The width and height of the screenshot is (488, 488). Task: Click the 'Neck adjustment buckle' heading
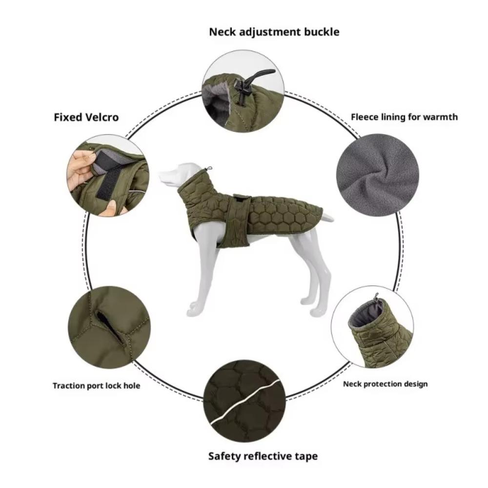pyautogui.click(x=274, y=32)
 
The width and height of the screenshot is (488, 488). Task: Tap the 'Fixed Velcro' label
pyautogui.click(x=86, y=117)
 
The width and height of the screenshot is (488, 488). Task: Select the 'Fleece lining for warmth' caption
pyautogui.click(x=404, y=117)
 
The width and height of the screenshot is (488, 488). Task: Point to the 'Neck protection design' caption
pyautogui.click(x=385, y=384)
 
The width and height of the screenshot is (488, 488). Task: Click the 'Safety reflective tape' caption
pyautogui.click(x=263, y=456)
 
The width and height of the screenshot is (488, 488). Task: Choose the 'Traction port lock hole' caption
pyautogui.click(x=96, y=386)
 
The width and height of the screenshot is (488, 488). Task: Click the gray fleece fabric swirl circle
pyautogui.click(x=377, y=174)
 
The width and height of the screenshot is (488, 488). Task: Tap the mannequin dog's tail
pyautogui.click(x=327, y=217)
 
